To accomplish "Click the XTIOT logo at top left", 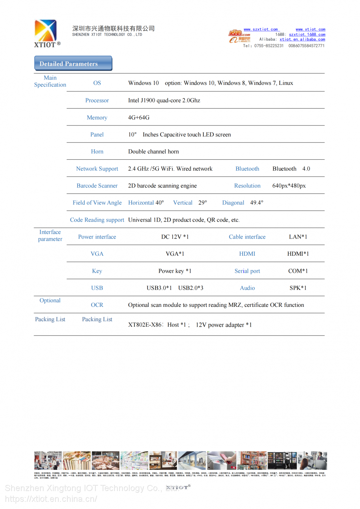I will tap(46, 33).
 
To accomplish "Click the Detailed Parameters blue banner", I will tap(73, 64).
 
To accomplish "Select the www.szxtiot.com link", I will tap(261, 29).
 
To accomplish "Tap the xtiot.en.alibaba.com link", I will tap(302, 40).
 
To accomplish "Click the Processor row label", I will tap(97, 101).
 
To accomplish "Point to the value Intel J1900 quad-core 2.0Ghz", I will tap(164, 101).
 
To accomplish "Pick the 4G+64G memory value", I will tap(139, 118).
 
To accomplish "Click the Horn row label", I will tap(97, 152).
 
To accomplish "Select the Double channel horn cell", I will tap(153, 152).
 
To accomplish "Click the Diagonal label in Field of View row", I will tap(233, 203).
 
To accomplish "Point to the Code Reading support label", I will tap(97, 220).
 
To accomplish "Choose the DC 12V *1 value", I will tap(175, 237).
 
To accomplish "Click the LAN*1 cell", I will tap(298, 237).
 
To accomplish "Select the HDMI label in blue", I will tap(247, 254).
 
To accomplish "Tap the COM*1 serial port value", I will tap(298, 271).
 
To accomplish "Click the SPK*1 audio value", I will tap(298, 288).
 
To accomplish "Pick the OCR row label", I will tap(97, 305).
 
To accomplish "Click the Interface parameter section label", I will tap(50, 236).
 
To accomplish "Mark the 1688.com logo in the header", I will tap(239, 33).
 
